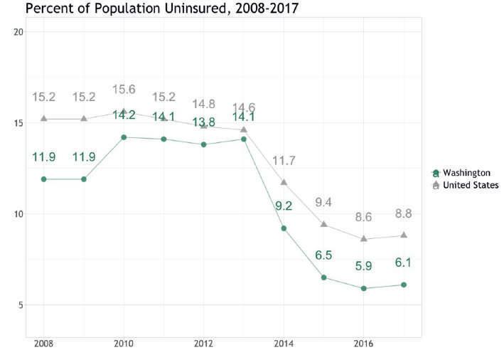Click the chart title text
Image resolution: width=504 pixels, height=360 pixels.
162,8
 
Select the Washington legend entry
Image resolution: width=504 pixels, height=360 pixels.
461,173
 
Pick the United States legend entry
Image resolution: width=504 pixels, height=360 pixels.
466,185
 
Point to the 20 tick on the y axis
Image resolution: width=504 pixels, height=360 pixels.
18,32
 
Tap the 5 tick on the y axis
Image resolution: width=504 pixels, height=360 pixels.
21,305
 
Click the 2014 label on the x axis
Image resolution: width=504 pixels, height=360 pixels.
284,344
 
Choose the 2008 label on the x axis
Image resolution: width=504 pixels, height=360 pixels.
43,344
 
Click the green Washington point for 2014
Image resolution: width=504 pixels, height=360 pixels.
284,228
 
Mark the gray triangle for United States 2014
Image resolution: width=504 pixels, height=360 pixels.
284,182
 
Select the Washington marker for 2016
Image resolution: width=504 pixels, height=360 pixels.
364,289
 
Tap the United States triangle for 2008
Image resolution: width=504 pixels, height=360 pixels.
44,118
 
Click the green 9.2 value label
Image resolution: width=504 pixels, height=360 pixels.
284,206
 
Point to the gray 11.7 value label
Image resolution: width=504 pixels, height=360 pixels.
284,161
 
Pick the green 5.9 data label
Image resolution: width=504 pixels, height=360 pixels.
364,266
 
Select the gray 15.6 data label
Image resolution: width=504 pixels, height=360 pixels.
124,89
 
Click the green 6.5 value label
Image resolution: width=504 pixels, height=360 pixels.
323,255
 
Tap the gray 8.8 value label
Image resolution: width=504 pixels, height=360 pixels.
404,213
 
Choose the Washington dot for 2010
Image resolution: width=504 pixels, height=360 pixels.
124,137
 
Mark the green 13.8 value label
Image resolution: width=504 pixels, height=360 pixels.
204,122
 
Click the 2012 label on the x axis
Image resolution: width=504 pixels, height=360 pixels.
203,344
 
